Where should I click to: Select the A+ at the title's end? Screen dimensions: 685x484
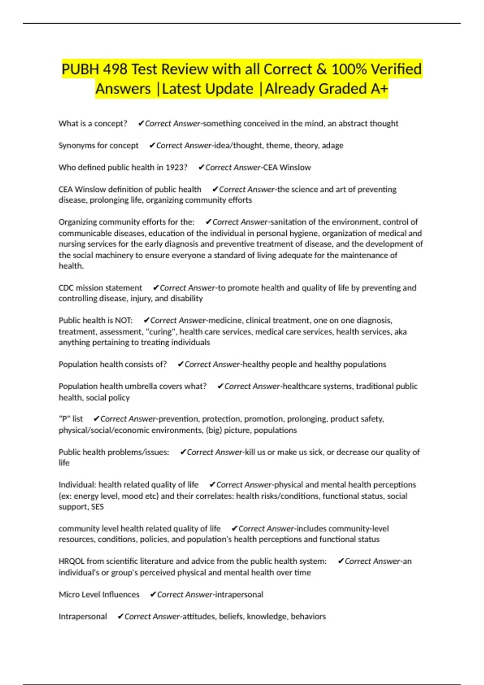pyautogui.click(x=379, y=89)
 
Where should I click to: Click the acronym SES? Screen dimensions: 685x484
pyautogui.click(x=97, y=507)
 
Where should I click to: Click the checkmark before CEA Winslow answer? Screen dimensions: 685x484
pyautogui.click(x=201, y=168)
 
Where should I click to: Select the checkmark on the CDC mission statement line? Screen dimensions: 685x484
pyautogui.click(x=156, y=288)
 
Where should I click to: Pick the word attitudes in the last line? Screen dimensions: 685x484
pyautogui.click(x=198, y=616)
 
